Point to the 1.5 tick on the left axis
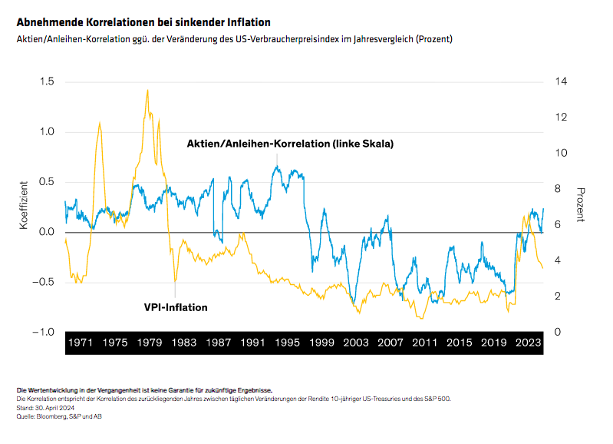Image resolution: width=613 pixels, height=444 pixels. tap(48, 81)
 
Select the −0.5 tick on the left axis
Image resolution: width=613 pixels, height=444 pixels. tap(44, 282)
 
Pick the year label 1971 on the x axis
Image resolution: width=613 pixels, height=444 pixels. tap(80, 343)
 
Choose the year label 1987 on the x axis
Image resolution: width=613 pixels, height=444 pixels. tap(219, 343)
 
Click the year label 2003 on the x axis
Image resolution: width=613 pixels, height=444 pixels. tap(357, 343)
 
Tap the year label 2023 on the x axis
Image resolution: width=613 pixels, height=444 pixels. tap(529, 343)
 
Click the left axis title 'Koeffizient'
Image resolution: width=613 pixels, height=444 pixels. tap(24, 207)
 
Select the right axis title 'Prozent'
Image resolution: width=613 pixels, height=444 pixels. tap(581, 205)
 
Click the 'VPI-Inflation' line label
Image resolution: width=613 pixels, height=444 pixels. tap(176, 307)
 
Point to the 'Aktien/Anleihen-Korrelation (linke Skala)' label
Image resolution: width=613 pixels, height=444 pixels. tap(290, 144)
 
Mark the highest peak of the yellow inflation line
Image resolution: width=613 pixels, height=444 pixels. tap(147, 90)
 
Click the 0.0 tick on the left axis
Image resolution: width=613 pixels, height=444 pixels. tap(48, 232)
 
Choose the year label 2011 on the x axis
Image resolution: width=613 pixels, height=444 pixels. tap(425, 343)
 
